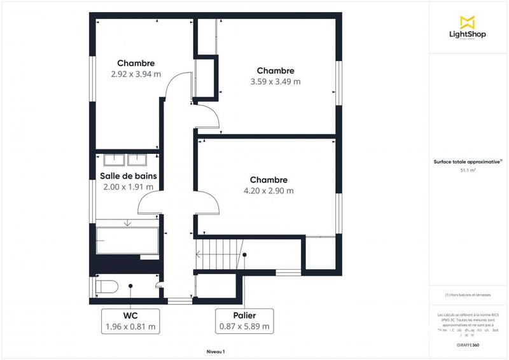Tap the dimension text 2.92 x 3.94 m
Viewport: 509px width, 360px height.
[136, 74]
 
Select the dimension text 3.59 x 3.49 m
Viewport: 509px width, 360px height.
[275, 81]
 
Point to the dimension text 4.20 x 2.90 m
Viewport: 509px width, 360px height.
[268, 191]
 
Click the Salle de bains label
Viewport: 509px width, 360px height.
[129, 176]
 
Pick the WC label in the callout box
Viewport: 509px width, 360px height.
[130, 315]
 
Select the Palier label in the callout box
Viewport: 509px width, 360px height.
[244, 315]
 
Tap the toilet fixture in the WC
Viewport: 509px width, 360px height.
[106, 286]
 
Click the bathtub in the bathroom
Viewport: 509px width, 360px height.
[127, 240]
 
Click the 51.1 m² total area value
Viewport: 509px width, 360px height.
[468, 170]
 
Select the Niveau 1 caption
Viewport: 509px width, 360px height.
[216, 351]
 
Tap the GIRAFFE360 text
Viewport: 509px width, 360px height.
[468, 344]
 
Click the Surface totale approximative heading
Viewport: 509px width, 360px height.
[468, 162]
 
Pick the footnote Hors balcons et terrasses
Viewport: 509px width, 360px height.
[468, 294]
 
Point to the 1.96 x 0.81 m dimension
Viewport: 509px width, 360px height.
[130, 327]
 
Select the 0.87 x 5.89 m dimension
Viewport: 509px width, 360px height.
[244, 327]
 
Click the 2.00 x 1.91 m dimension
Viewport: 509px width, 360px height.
[129, 187]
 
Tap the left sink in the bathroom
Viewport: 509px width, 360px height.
[113, 159]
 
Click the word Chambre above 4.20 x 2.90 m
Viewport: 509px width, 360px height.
[268, 180]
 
